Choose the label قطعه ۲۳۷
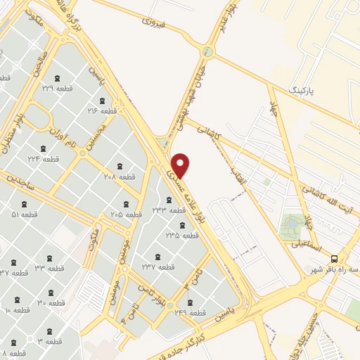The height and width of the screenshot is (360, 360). [158, 266]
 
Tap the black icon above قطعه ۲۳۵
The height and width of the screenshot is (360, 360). [182, 225]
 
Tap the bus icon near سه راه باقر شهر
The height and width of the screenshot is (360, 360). [335, 258]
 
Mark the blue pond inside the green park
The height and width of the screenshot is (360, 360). [290, 226]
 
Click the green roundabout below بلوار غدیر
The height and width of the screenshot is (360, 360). [207, 51]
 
